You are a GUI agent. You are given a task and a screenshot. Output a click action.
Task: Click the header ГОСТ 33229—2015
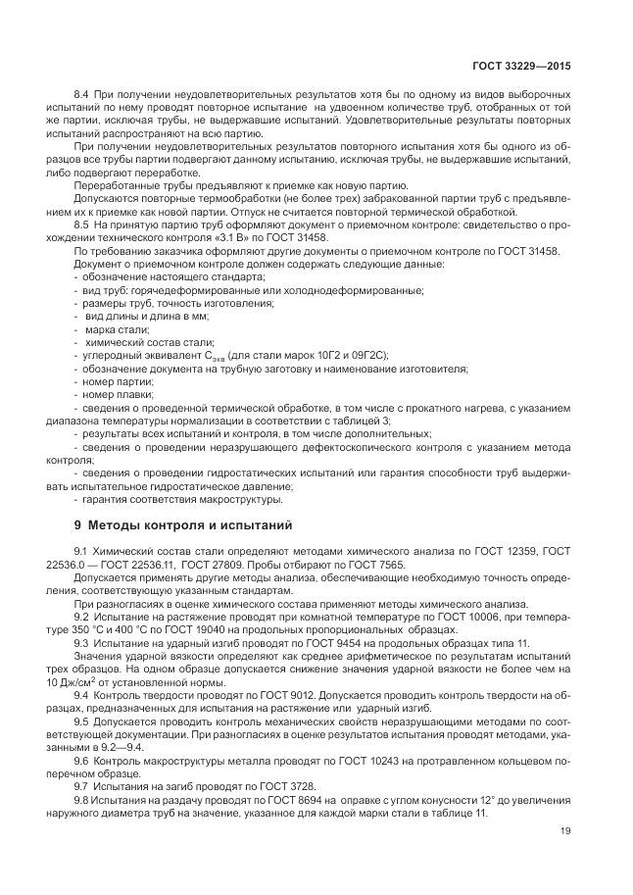click(521, 66)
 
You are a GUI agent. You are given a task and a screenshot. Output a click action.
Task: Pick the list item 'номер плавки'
click(114, 394)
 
